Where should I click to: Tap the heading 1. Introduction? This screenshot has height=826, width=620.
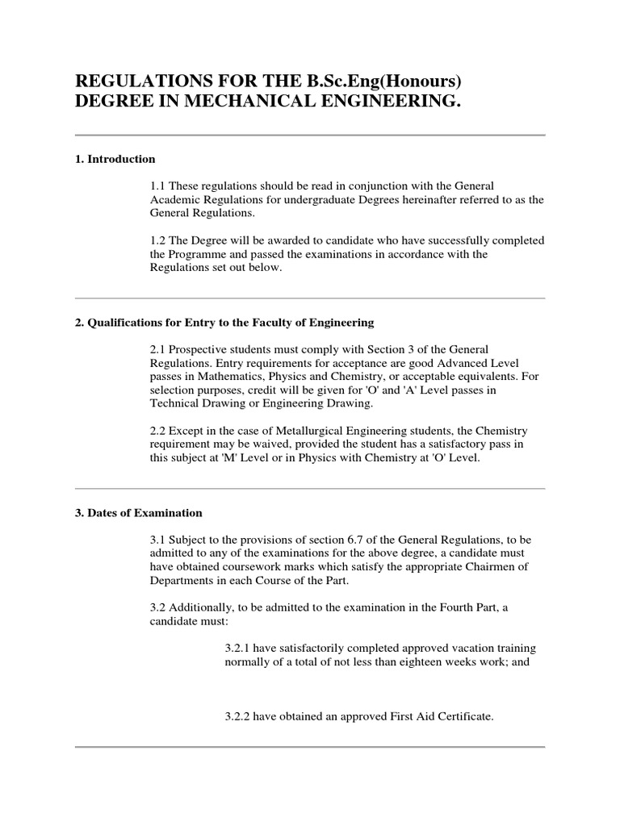pyautogui.click(x=115, y=160)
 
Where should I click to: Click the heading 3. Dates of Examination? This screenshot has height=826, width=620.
pyautogui.click(x=138, y=513)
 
